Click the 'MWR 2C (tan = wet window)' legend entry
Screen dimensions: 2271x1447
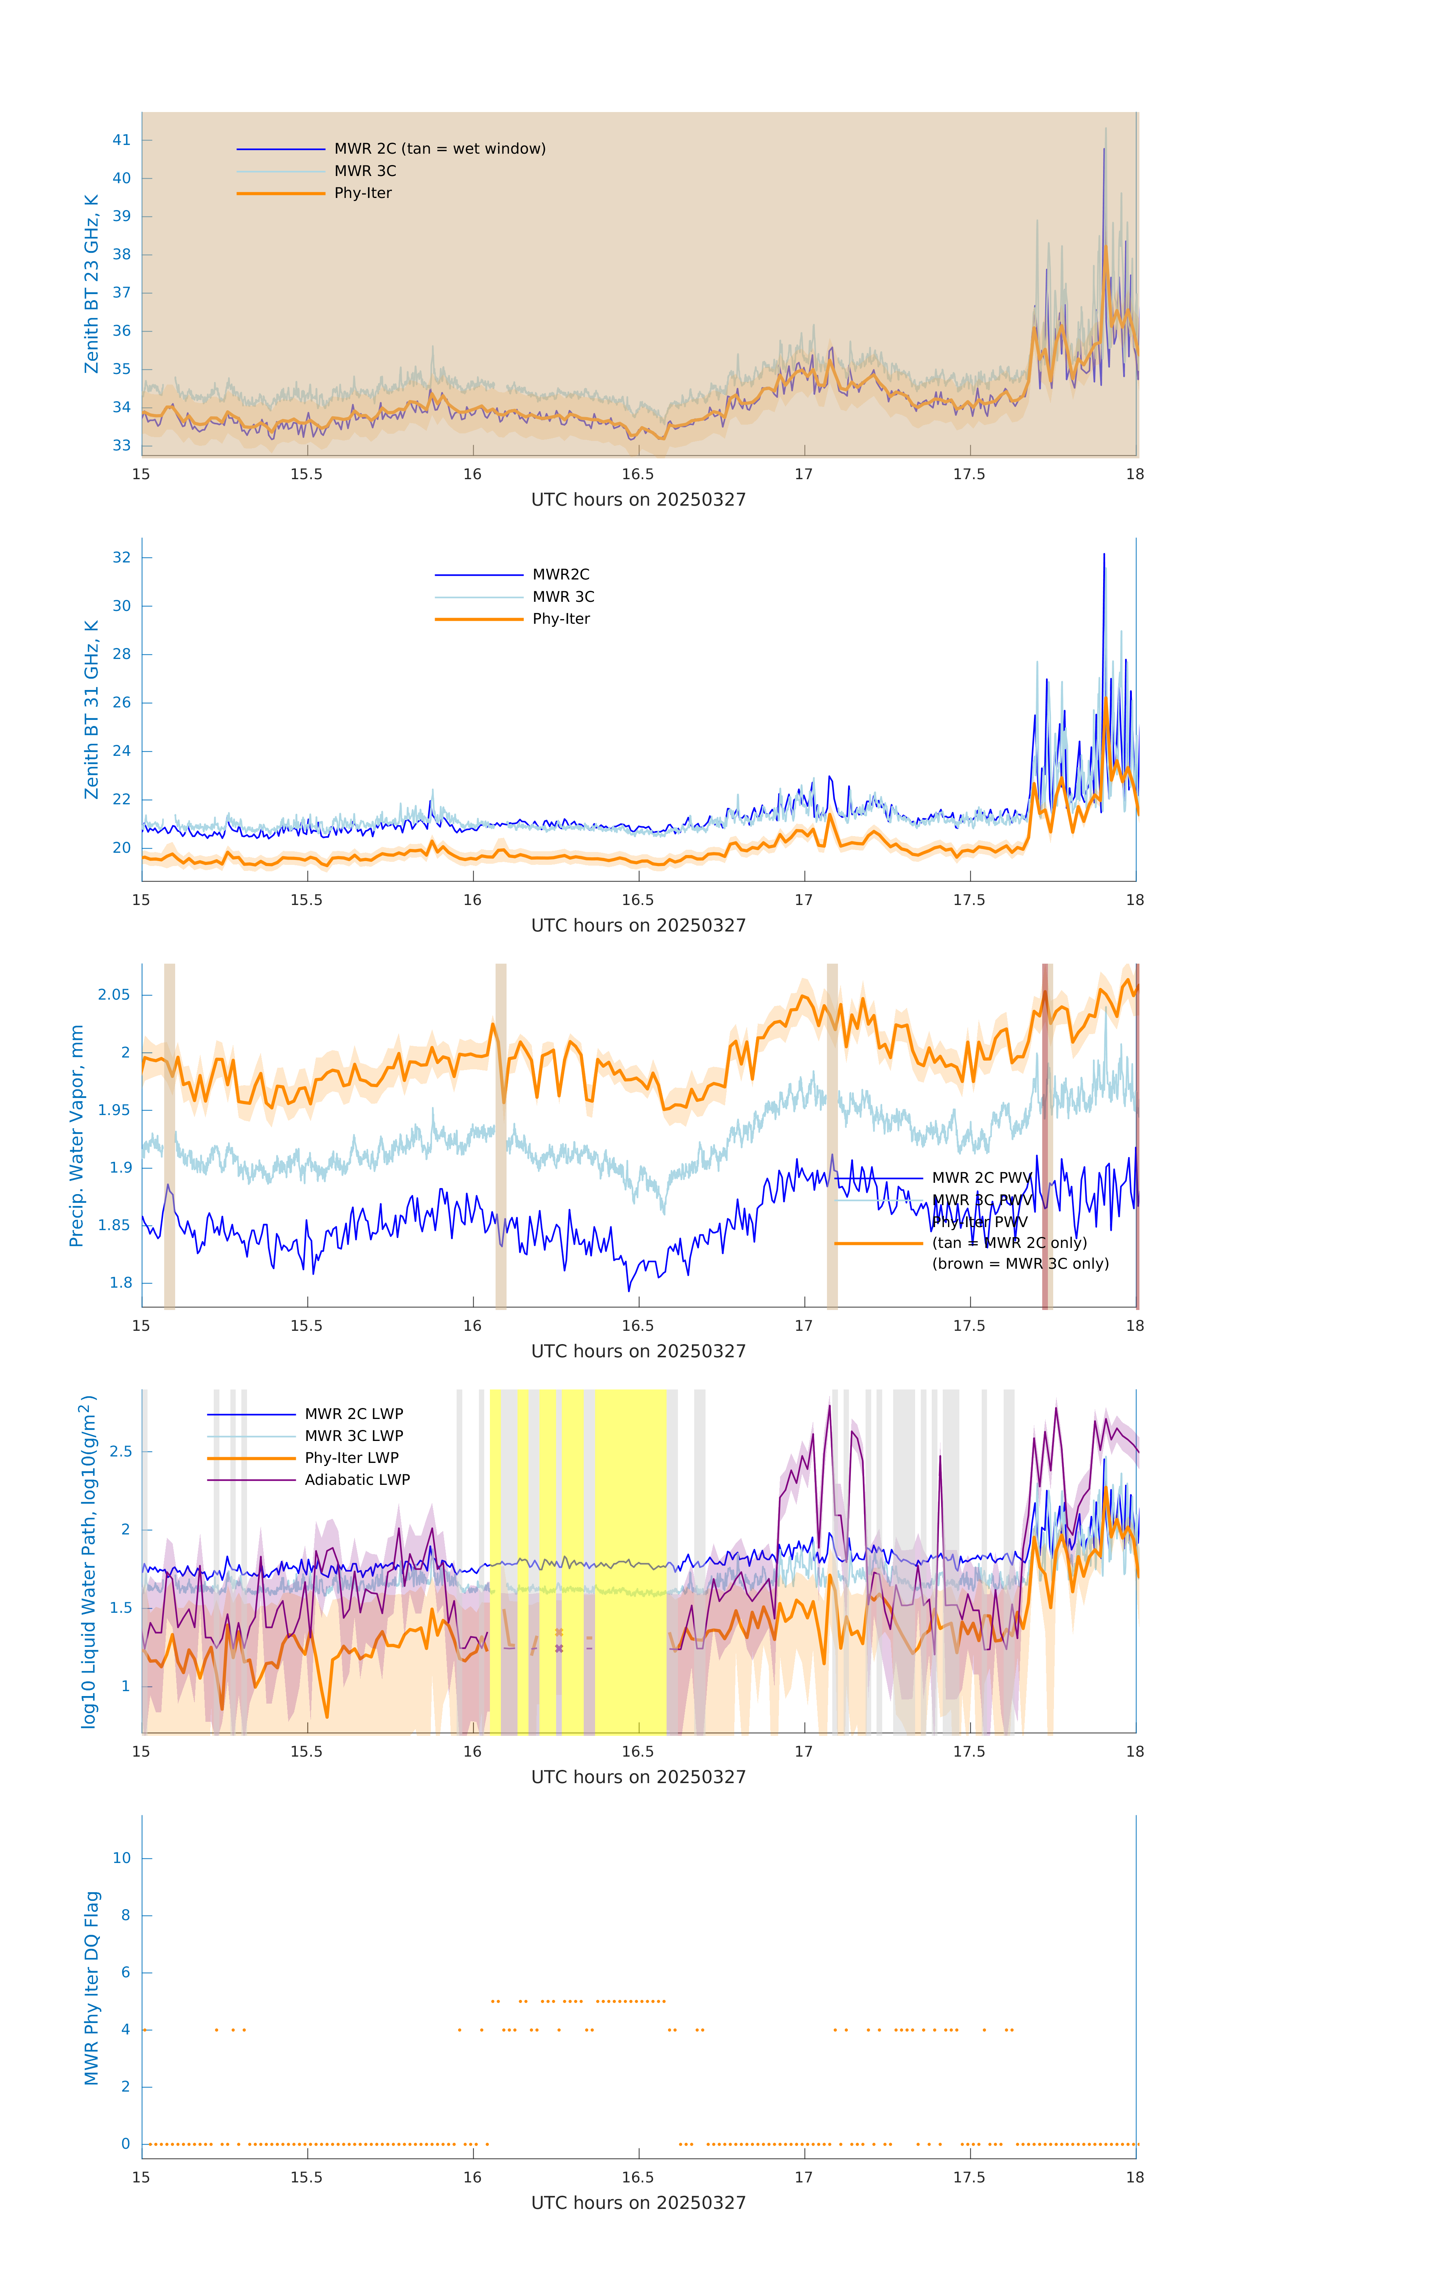tap(439, 149)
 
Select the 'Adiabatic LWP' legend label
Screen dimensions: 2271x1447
tap(357, 1480)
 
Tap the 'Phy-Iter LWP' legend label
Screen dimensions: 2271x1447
tap(351, 1458)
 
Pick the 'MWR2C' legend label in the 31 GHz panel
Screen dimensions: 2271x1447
tap(561, 574)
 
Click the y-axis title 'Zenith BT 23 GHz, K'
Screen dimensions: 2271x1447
tap(92, 284)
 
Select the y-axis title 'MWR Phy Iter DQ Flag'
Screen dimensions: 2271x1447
tap(92, 1988)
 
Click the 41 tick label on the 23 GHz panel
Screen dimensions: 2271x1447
tap(121, 140)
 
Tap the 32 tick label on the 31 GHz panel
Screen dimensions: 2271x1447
tap(121, 558)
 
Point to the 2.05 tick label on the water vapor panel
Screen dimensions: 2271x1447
tap(114, 995)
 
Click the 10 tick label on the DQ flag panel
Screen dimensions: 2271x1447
tap(121, 1858)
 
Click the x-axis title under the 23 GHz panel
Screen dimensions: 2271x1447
tap(638, 500)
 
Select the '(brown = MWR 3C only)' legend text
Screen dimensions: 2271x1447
tap(1020, 1264)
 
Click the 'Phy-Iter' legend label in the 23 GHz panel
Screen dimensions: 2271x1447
tap(363, 193)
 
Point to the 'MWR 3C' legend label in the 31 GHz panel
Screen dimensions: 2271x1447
tap(563, 597)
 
